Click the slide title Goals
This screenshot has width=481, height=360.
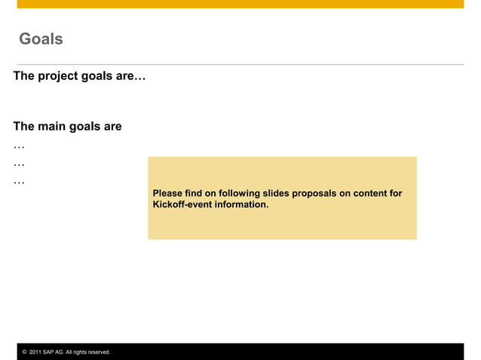pyautogui.click(x=41, y=39)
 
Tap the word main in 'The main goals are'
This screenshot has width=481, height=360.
pyautogui.click(x=52, y=127)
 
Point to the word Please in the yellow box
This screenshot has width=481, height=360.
pyautogui.click(x=167, y=194)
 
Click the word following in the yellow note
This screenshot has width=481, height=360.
pyautogui.click(x=239, y=194)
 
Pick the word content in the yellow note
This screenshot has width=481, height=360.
pyautogui.click(x=369, y=194)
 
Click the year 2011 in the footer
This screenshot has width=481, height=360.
pyautogui.click(x=35, y=352)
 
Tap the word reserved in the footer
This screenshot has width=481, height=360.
pyautogui.click(x=97, y=352)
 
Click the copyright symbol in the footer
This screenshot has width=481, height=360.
pyautogui.click(x=24, y=352)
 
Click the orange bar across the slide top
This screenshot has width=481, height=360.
pyautogui.click(x=240, y=4)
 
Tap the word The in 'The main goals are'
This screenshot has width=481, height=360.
pyautogui.click(x=23, y=127)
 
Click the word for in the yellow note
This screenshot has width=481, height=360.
pyautogui.click(x=396, y=194)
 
